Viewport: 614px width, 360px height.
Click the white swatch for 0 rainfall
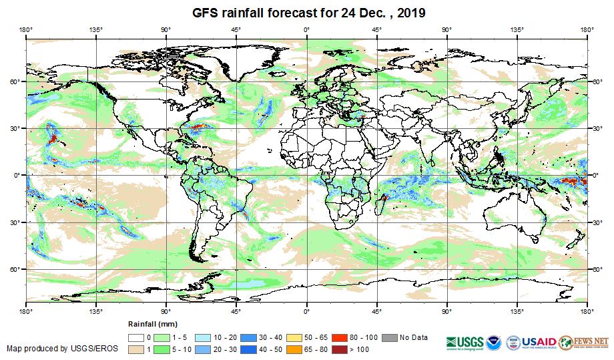click(x=138, y=338)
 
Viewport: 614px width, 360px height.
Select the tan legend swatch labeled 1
click(x=138, y=349)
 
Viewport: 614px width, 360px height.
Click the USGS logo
click(x=466, y=342)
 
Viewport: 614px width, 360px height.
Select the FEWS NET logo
click(x=584, y=342)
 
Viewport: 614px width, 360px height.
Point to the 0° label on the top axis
click(x=306, y=29)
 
